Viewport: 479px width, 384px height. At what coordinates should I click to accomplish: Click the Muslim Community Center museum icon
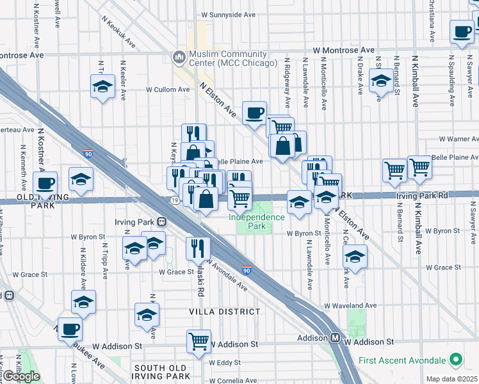(x=178, y=58)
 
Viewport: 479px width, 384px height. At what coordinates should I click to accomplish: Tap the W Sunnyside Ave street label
(x=229, y=13)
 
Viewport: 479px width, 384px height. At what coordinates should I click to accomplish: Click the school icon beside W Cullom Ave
(x=102, y=86)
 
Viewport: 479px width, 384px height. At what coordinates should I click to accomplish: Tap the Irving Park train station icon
(x=162, y=221)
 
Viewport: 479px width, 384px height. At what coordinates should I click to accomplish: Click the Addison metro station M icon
(x=335, y=337)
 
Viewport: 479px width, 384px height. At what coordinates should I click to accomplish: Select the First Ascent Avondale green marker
(x=456, y=360)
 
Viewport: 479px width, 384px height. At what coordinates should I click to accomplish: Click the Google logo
(x=21, y=376)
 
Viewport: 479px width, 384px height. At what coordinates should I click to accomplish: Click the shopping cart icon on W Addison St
(x=199, y=341)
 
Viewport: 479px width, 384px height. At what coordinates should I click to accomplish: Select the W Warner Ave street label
(x=459, y=138)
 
